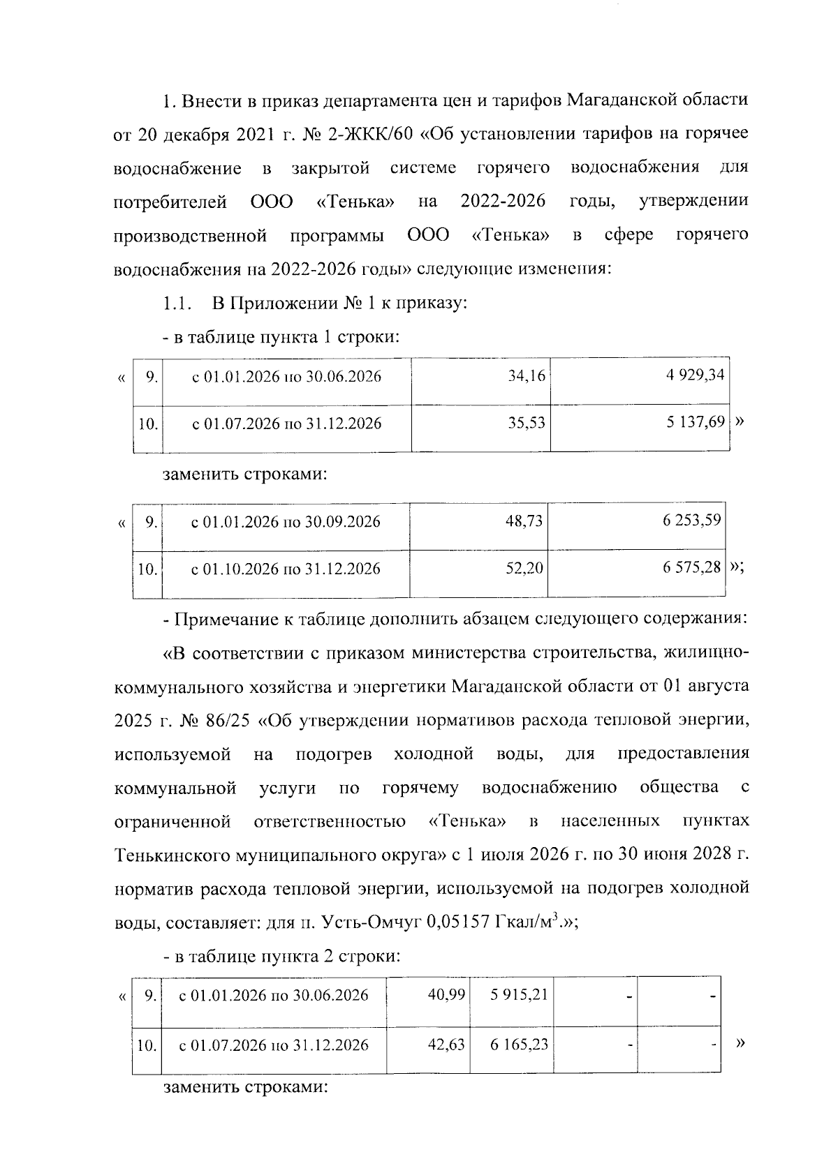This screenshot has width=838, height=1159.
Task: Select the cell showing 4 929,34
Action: coord(696,375)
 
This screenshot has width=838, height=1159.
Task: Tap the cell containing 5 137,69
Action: coord(696,422)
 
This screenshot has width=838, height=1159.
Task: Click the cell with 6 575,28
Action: coord(691,567)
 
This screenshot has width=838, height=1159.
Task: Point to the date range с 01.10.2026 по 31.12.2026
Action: coord(286,569)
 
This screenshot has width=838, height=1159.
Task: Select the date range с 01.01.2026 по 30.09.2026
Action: coord(286,522)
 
